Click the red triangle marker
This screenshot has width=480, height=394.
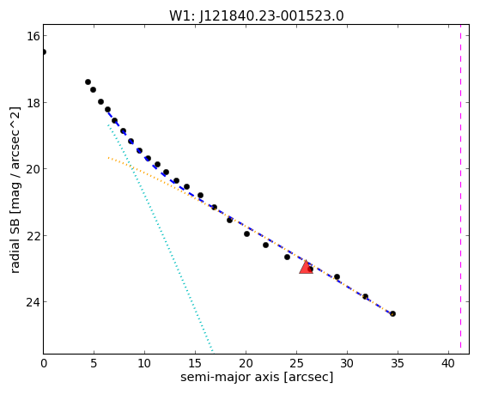click(x=307, y=267)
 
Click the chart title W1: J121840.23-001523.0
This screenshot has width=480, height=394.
click(x=257, y=15)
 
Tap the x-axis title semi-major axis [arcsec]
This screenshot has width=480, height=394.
click(x=257, y=377)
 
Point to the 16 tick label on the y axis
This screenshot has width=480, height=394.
click(x=33, y=36)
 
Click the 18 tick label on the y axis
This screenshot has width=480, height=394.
click(x=33, y=102)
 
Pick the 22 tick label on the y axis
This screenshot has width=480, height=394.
click(x=33, y=235)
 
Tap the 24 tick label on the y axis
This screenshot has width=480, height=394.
click(x=33, y=302)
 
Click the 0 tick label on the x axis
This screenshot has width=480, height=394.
click(x=44, y=364)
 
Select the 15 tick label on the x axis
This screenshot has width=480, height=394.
click(x=195, y=364)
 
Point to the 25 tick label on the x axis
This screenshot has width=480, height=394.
click(x=296, y=364)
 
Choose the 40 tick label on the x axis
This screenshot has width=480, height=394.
click(x=448, y=364)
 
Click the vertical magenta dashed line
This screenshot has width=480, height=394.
click(x=460, y=189)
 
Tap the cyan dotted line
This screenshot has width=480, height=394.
click(x=161, y=238)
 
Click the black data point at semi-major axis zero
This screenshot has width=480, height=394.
click(x=44, y=52)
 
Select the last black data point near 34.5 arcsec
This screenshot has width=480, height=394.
click(x=392, y=313)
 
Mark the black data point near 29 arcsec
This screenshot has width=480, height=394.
click(x=337, y=276)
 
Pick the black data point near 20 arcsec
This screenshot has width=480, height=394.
click(x=246, y=233)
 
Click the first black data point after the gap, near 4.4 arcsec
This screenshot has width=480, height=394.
click(x=88, y=82)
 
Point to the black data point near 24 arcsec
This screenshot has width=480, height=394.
click(x=287, y=257)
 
